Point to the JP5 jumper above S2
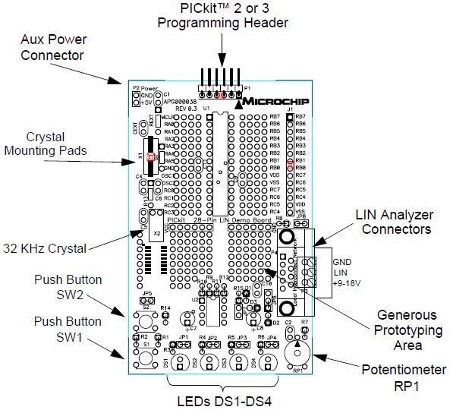(147, 298)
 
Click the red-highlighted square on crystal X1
(150, 156)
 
